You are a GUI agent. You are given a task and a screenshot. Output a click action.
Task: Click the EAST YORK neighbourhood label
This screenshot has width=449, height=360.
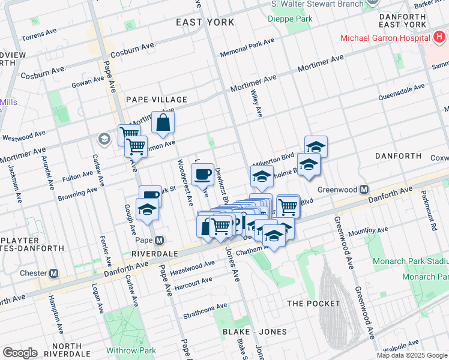205,22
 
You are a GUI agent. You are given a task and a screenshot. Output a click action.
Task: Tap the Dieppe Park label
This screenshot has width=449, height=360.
291,19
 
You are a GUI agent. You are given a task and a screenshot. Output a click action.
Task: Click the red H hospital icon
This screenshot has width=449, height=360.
440,37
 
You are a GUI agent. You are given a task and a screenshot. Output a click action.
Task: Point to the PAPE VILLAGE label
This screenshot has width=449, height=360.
156,100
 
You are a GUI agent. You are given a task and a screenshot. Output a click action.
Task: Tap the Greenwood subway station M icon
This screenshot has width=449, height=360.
364,190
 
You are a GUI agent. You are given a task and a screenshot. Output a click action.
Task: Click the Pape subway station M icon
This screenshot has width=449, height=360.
159,241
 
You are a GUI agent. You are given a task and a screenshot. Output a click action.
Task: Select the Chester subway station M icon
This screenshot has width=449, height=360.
53,273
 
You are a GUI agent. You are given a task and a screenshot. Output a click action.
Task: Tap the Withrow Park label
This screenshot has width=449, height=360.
131,350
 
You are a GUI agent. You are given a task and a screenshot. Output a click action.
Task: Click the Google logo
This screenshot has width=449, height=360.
20,353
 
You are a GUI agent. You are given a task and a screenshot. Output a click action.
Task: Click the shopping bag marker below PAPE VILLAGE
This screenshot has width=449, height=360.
163,124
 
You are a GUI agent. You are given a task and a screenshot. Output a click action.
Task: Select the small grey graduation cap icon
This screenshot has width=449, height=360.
104,139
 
